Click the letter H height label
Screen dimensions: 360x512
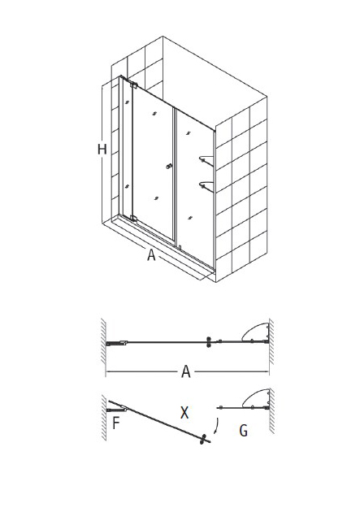click(x=102, y=150)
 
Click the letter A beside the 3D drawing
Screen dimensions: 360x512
click(x=151, y=254)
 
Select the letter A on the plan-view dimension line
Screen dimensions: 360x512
click(x=186, y=371)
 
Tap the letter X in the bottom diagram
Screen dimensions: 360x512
click(x=184, y=413)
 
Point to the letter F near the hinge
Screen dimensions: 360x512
click(x=116, y=423)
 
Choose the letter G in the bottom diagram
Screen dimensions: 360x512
click(x=244, y=431)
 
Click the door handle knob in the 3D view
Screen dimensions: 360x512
click(x=169, y=167)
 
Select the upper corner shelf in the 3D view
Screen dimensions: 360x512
click(x=206, y=159)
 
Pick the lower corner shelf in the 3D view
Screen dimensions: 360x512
click(x=206, y=186)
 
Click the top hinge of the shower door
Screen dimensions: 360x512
click(x=133, y=85)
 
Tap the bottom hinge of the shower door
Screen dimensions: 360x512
click(x=132, y=218)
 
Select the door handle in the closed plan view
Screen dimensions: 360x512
click(x=209, y=342)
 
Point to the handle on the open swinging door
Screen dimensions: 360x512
click(x=204, y=440)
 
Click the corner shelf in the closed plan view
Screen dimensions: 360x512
click(x=256, y=332)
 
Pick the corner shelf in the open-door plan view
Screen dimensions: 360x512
click(x=256, y=398)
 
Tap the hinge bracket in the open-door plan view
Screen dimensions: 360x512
click(x=116, y=409)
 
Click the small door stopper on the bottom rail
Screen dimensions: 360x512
click(x=180, y=247)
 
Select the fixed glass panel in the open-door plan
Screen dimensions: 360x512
click(x=242, y=408)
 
